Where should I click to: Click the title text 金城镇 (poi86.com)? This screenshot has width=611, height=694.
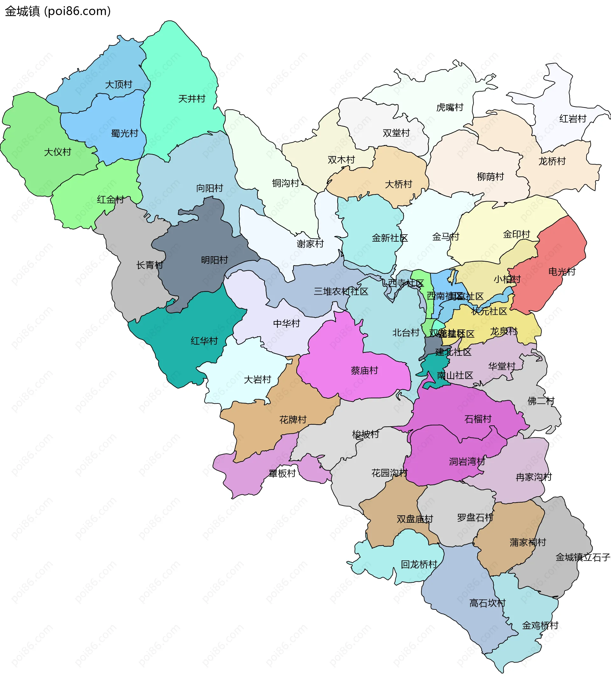(x=58, y=11)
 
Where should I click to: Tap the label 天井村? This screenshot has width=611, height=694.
(x=192, y=99)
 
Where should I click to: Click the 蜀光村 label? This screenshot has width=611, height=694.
(x=124, y=134)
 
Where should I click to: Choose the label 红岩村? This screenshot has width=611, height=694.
(x=572, y=119)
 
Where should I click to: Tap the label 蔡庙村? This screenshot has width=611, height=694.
(x=364, y=370)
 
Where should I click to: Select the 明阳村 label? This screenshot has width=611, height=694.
(x=214, y=260)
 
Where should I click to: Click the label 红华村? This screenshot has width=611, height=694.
(x=204, y=341)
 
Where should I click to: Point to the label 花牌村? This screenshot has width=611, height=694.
(x=292, y=420)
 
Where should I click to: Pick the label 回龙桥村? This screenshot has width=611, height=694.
(x=419, y=564)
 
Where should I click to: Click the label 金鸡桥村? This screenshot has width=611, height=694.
(x=540, y=625)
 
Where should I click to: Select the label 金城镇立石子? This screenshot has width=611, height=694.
(x=582, y=557)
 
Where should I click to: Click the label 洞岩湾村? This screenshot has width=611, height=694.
(x=467, y=461)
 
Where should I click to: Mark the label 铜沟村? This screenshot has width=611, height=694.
(x=285, y=183)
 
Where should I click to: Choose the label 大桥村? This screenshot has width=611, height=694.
(x=398, y=184)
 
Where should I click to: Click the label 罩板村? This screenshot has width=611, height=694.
(x=282, y=473)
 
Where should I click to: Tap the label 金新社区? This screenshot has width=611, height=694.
(x=390, y=238)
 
